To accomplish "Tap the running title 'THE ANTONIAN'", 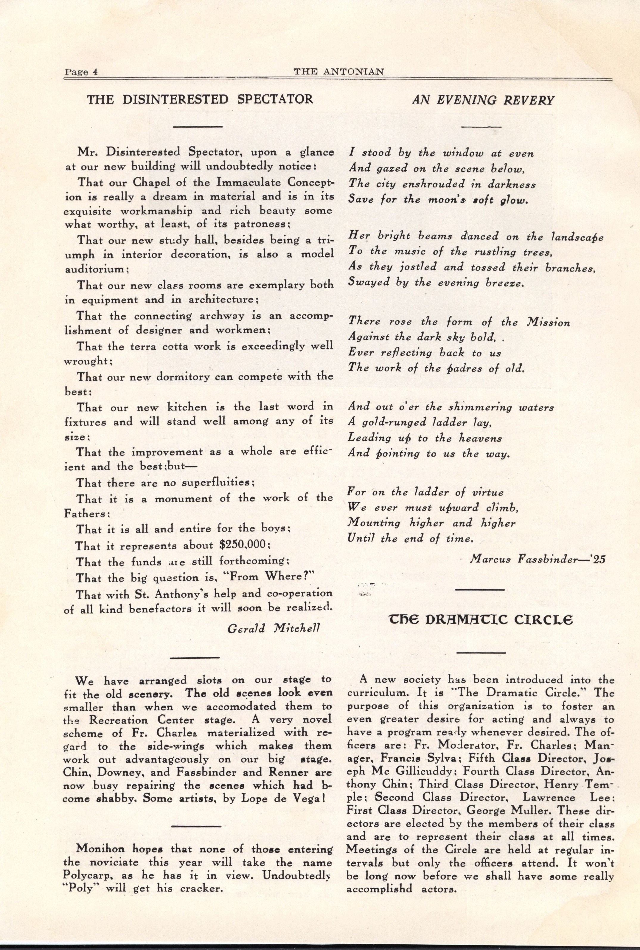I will pyautogui.click(x=339, y=72).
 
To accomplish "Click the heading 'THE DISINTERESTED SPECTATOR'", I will pyautogui.click(x=200, y=99).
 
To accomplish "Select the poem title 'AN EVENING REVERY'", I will pyautogui.click(x=483, y=100).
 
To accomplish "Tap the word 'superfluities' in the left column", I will pyautogui.click(x=218, y=483).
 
